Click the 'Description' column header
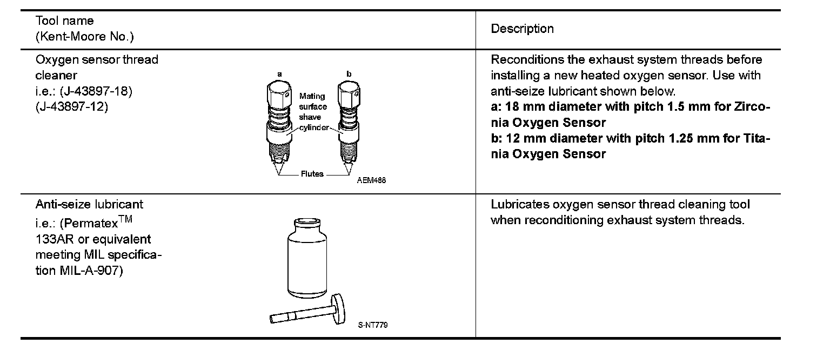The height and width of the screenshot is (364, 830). click(522, 29)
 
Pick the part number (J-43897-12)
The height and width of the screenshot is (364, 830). click(72, 107)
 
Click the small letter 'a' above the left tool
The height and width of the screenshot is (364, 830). click(279, 73)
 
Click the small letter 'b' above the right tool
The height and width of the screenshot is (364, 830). click(349, 73)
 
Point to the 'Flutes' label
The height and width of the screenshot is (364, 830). click(312, 174)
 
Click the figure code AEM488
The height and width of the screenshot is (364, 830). click(371, 180)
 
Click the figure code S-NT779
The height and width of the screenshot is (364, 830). click(373, 325)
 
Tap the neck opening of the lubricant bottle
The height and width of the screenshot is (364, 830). click(307, 221)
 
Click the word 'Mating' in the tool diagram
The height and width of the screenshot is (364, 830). click(312, 96)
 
